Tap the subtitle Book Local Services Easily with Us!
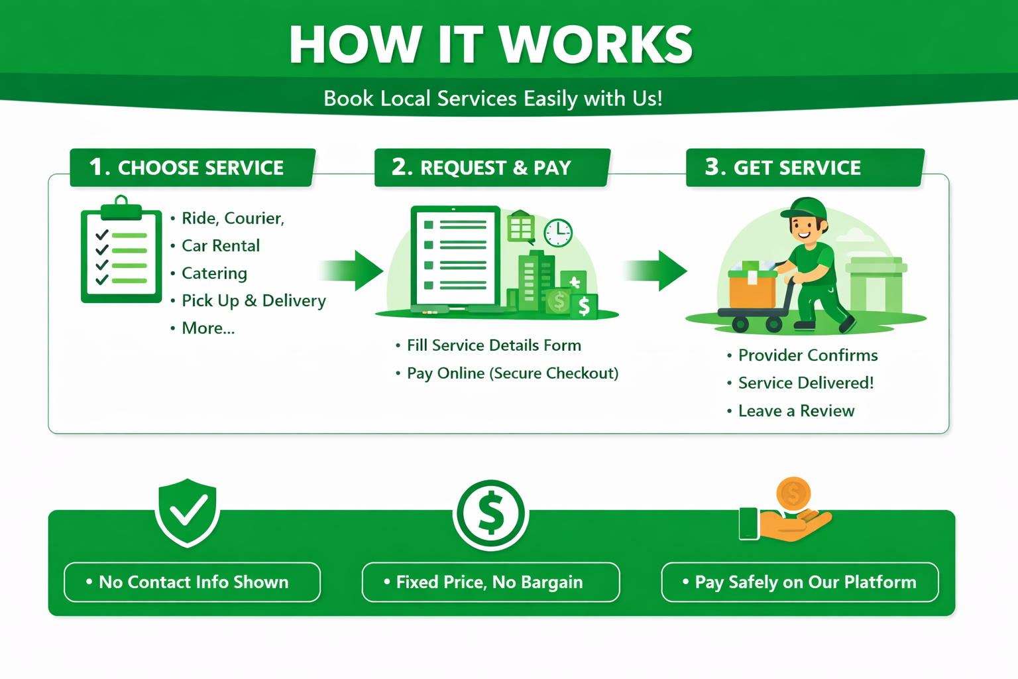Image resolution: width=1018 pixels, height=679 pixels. point(492,98)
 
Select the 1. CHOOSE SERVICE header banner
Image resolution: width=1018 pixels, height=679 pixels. point(193,167)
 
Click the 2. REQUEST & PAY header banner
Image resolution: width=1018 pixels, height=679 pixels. point(492,167)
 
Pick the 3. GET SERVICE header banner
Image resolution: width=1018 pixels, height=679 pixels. point(805,167)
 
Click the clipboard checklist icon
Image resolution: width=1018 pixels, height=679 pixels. point(121,249)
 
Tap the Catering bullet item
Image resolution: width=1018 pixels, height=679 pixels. point(214,273)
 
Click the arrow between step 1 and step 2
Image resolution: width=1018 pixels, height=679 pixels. point(352,271)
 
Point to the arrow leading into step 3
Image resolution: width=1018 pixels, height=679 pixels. point(655,271)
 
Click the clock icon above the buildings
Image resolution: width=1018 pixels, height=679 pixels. point(558,233)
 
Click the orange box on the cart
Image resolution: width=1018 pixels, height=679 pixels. point(753,290)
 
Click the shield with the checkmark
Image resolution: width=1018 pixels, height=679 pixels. point(188,513)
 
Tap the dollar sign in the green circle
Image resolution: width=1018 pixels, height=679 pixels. point(491,515)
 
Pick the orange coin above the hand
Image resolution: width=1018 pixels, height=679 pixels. point(793,493)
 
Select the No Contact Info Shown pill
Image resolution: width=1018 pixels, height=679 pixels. point(192,582)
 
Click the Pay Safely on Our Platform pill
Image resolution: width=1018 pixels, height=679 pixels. point(800,582)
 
